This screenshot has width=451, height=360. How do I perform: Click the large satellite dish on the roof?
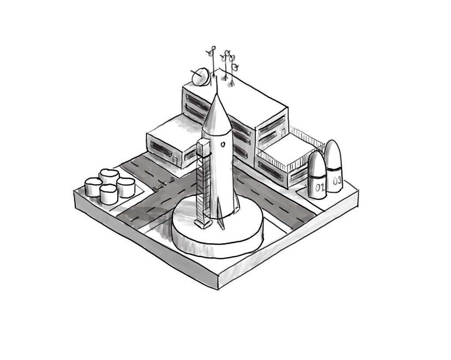click(201, 77)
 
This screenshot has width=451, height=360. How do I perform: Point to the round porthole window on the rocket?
click(223, 144)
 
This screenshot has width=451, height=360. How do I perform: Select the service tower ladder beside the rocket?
click(202, 185)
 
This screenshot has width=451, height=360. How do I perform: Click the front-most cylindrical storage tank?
click(108, 194)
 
